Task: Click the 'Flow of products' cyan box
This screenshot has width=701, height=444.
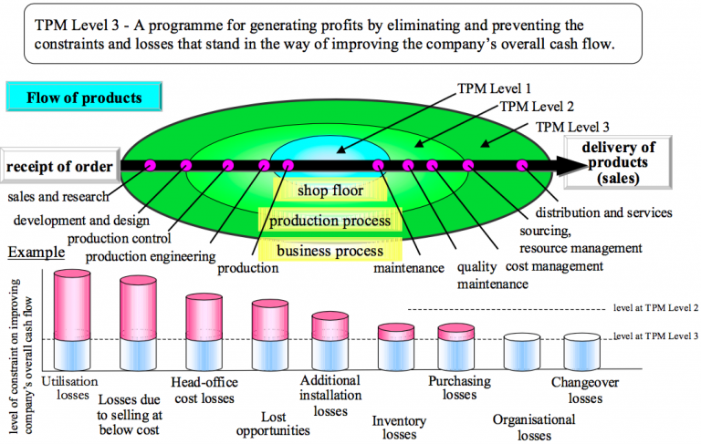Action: pyautogui.click(x=84, y=97)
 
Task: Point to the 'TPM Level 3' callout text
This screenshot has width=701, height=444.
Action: pyautogui.click(x=574, y=127)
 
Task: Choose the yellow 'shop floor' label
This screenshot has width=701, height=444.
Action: pyautogui.click(x=330, y=191)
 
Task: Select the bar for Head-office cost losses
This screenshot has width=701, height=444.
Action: pyautogui.click(x=205, y=331)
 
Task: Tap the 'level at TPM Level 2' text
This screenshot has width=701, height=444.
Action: pyautogui.click(x=656, y=310)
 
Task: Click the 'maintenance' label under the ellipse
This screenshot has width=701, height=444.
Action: pyautogui.click(x=409, y=268)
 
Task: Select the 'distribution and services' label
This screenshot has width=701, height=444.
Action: pyautogui.click(x=612, y=213)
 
